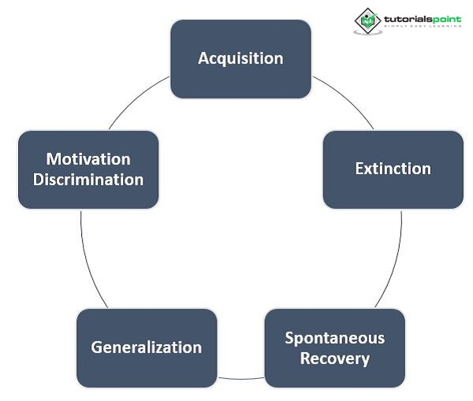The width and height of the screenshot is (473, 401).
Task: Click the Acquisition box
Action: pyautogui.click(x=240, y=59)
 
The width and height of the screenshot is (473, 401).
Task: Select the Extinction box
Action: pyautogui.click(x=393, y=169)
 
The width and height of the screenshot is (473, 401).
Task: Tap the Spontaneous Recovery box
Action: pyautogui.click(x=334, y=348)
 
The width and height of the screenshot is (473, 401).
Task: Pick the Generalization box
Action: pyautogui.click(x=146, y=347)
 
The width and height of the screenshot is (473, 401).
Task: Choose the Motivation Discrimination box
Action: pyautogui.click(x=88, y=169)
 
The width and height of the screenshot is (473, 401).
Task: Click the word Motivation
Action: pyautogui.click(x=88, y=159)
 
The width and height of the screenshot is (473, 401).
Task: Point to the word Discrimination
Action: pyautogui.click(x=88, y=180)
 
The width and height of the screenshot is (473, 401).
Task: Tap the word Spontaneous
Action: pyautogui.click(x=334, y=338)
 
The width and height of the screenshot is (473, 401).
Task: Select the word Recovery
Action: pyautogui.click(x=334, y=358)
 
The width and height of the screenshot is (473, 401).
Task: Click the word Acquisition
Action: pyautogui.click(x=240, y=59)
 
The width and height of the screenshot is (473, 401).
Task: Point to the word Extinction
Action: pyautogui.click(x=393, y=169)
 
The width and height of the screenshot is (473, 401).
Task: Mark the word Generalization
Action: pyautogui.click(x=146, y=347)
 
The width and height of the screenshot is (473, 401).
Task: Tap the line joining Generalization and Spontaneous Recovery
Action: pyautogui.click(x=240, y=379)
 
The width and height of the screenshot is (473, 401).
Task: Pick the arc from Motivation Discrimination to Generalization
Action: pyautogui.click(x=88, y=260)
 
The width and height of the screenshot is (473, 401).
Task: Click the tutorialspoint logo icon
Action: pyautogui.click(x=367, y=20)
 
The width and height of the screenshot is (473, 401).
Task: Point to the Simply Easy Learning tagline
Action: pyautogui.click(x=423, y=27)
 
